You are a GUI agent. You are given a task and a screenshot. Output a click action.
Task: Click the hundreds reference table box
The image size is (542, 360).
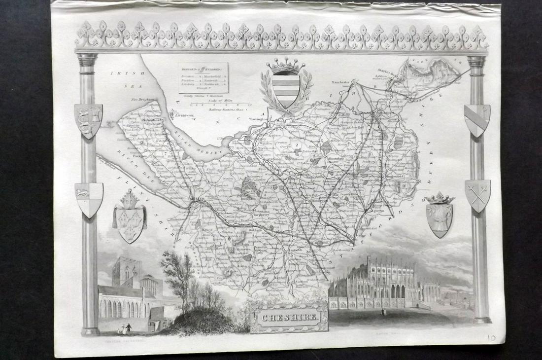pyautogui.click(x=203, y=77)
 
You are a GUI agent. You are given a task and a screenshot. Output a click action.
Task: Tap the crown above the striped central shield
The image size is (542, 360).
pyautogui.click(x=286, y=66)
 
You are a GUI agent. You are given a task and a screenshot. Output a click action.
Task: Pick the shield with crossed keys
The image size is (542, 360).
pyautogui.click(x=477, y=195)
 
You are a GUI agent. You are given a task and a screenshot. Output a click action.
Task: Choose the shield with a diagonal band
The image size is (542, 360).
pyautogui.click(x=476, y=120)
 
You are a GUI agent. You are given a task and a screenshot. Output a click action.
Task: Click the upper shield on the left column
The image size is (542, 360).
pyautogui.click(x=88, y=120)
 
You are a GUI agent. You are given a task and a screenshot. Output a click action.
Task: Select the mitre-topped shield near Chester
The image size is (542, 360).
pyautogui.click(x=130, y=218)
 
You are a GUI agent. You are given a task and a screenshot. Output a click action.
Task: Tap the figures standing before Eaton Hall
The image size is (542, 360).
pyautogui.click(x=383, y=312)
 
